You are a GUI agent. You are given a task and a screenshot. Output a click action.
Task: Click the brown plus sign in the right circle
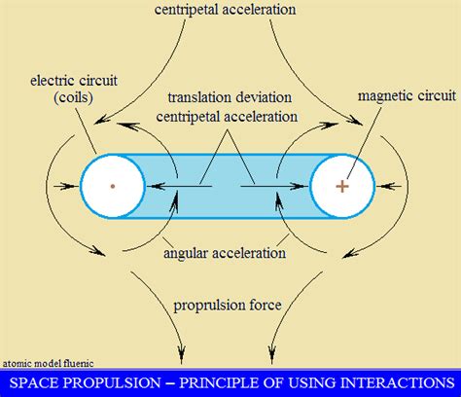click(342, 184)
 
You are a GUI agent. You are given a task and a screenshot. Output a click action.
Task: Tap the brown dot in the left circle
click(112, 184)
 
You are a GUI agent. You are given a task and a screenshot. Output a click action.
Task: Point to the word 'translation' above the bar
click(198, 98)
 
